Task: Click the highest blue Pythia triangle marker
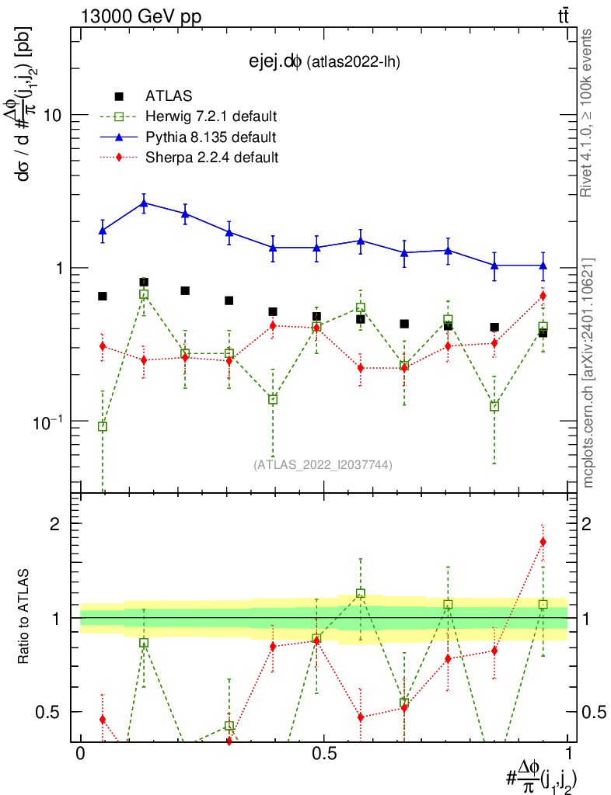pyautogui.click(x=144, y=203)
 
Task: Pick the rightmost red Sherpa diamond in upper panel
pyautogui.click(x=543, y=296)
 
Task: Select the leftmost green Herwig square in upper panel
pyautogui.click(x=103, y=426)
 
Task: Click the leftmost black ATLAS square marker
pyautogui.click(x=103, y=296)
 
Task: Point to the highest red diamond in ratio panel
pyautogui.click(x=543, y=542)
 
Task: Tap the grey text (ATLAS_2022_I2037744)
pyautogui.click(x=323, y=465)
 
